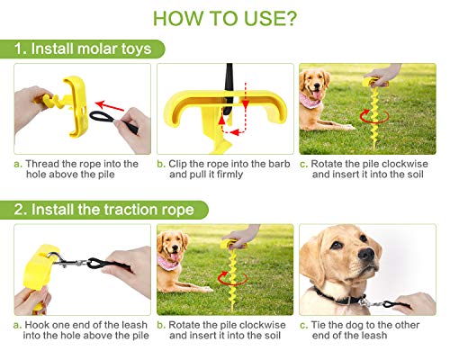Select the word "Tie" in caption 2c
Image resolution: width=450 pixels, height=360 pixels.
point(322,325)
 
